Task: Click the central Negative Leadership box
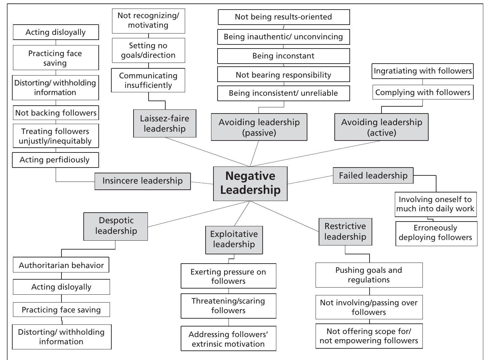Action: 250,184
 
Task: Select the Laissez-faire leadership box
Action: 165,123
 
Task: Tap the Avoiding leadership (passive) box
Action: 259,127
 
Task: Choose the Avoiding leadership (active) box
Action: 381,127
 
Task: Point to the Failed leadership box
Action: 373,175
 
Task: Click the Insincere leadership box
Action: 142,181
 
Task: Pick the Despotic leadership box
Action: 116,226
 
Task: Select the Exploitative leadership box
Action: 234,239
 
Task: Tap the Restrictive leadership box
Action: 345,231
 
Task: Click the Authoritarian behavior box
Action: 61,265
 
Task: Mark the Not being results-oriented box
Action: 283,17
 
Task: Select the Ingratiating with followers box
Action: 422,71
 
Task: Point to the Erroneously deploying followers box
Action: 436,233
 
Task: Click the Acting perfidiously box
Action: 55,160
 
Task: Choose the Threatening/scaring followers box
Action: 228,306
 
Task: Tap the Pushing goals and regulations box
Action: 369,275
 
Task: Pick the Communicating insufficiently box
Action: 148,80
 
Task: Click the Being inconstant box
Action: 283,56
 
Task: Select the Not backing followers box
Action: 56,113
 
